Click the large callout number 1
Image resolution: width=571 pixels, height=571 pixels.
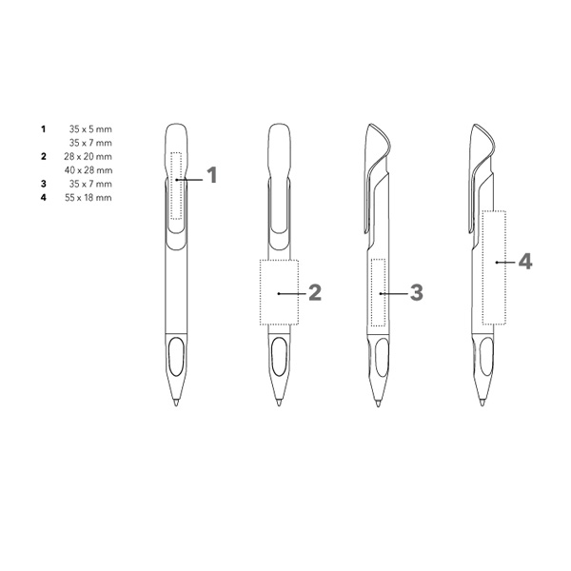coord(212,175)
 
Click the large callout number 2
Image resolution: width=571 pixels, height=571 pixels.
coord(315,292)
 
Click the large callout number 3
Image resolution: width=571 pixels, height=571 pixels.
coord(417,292)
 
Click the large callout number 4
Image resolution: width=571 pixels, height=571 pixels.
coord(525,262)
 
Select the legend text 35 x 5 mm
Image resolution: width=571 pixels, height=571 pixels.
coord(90,129)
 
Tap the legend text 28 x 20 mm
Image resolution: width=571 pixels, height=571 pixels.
coord(88,157)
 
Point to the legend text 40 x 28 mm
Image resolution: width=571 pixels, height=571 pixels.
coord(89,170)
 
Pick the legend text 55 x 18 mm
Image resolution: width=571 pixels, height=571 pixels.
coord(89,198)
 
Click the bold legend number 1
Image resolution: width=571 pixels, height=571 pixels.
coord(44,129)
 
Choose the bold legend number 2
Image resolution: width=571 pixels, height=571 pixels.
coord(44,157)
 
